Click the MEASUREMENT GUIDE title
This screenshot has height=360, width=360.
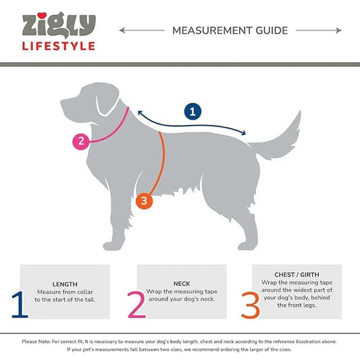tap(230, 30)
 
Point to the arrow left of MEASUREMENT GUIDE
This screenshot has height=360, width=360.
tap(142, 30)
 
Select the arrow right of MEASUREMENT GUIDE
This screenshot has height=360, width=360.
tap(318, 30)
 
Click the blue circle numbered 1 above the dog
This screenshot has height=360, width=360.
tap(192, 112)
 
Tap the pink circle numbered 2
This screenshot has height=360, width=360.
tap(81, 141)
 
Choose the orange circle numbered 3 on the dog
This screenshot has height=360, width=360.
tap(144, 201)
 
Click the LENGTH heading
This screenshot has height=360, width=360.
tap(65, 284)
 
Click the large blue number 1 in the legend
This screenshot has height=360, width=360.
tap(20, 305)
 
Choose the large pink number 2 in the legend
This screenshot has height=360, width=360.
tap(136, 305)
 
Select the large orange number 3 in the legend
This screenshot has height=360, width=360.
tap(251, 305)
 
